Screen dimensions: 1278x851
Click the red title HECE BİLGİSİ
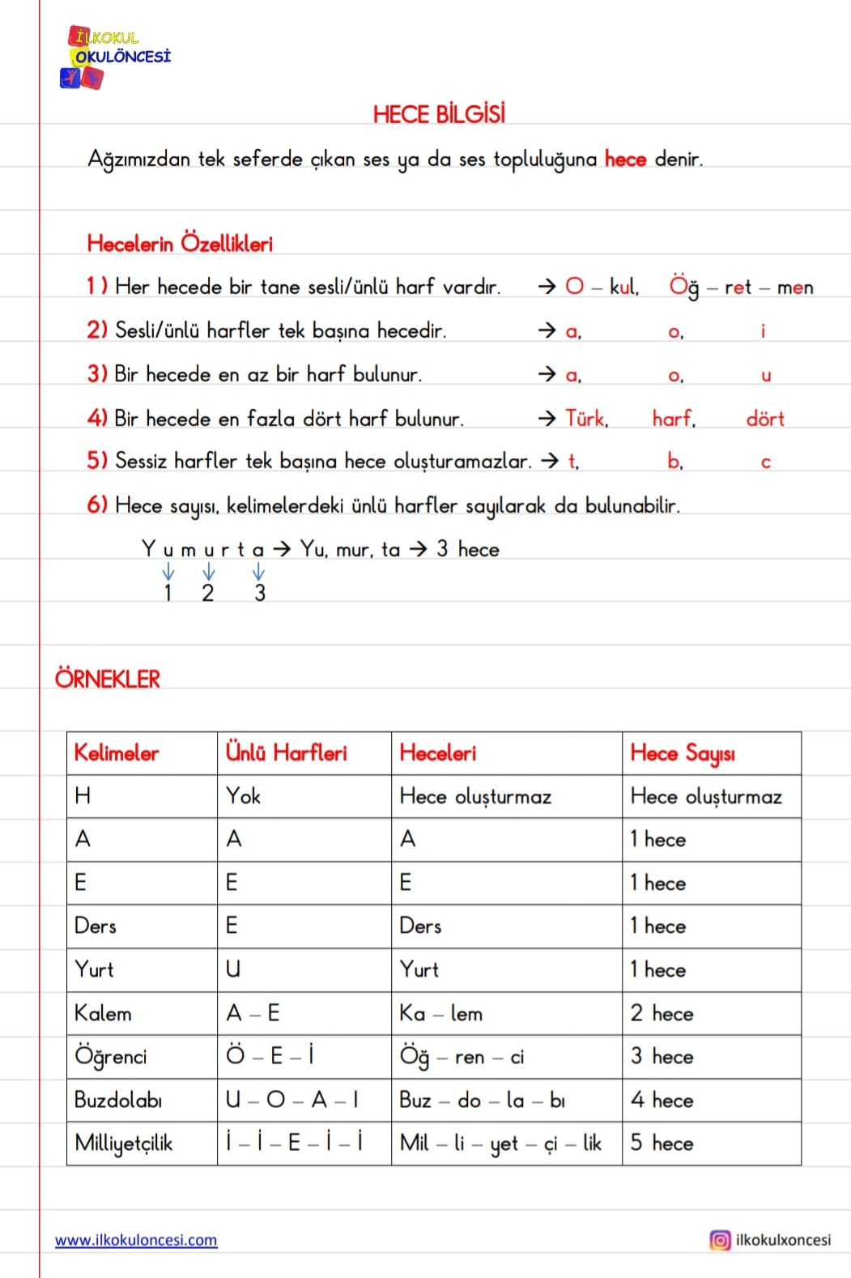point(439,114)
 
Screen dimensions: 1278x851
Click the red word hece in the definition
point(625,160)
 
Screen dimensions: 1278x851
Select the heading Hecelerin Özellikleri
point(180,243)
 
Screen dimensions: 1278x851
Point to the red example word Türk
point(586,419)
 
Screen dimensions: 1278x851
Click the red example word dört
point(765,419)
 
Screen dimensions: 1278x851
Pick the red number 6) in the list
point(97,505)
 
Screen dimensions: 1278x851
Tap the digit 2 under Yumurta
point(208,593)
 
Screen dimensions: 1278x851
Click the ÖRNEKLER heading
point(108,679)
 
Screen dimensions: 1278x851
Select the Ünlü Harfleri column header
point(286,753)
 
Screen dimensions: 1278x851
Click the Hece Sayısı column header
point(683,753)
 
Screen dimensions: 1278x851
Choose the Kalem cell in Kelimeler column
point(103,1013)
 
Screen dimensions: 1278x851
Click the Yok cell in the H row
point(243,796)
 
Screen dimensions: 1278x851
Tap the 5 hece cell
point(662,1143)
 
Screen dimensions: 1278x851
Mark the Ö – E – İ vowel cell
point(270,1056)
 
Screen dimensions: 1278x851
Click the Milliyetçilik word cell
point(123,1143)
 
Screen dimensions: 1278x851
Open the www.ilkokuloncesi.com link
point(136,1240)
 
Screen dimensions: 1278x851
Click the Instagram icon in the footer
point(719,1240)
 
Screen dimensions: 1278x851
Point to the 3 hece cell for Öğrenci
point(662,1056)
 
